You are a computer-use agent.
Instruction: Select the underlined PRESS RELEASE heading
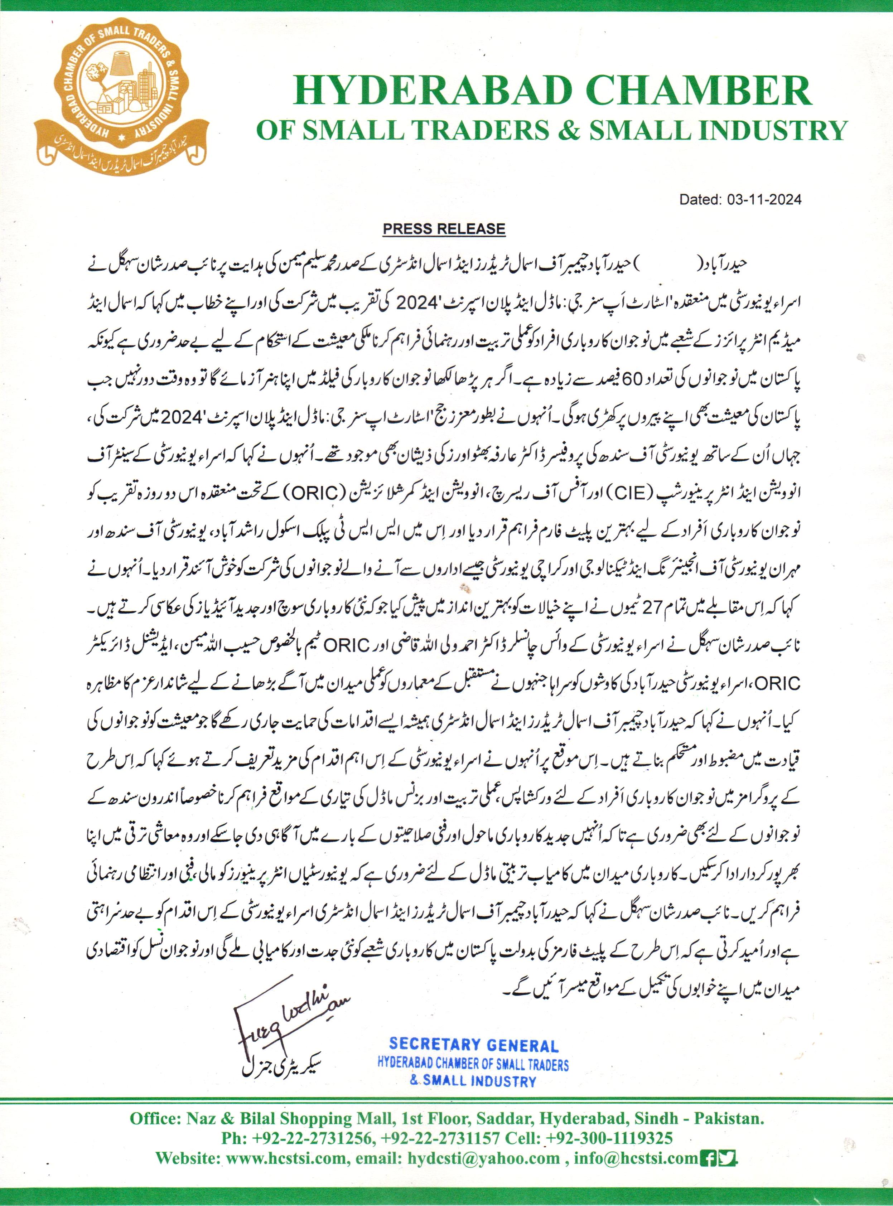click(x=444, y=229)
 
